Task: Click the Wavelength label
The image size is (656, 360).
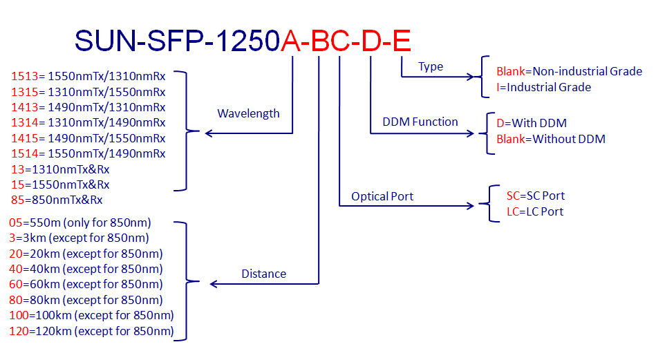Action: point(248,113)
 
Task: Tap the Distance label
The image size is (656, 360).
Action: point(263,274)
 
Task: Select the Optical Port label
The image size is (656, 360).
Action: point(382,196)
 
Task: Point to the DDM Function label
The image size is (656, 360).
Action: point(420,122)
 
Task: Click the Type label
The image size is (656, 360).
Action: point(431,66)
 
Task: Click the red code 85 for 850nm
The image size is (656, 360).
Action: point(18,200)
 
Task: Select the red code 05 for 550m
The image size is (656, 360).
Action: point(16,222)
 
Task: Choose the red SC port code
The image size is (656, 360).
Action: point(513,196)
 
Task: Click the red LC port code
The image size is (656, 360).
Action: point(513,211)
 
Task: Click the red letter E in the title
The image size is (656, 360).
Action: point(402,42)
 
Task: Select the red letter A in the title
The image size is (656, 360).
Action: point(291,42)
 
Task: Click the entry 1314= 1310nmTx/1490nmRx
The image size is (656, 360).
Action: point(88,122)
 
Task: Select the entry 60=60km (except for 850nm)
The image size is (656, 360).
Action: point(86,284)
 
